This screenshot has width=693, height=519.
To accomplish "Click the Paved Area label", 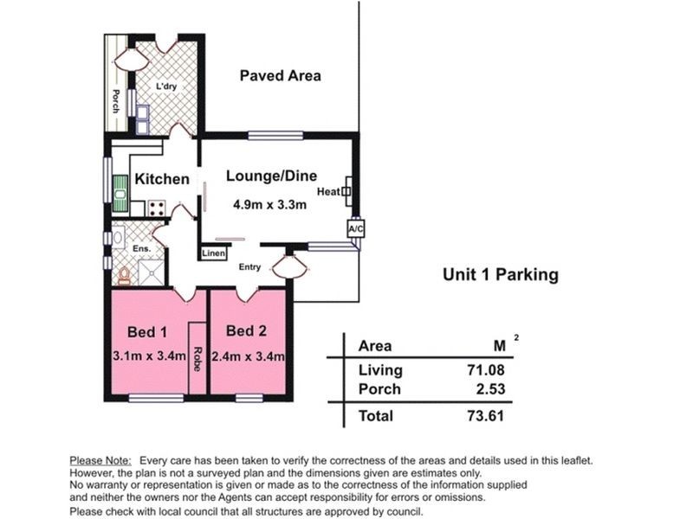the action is click(280, 76).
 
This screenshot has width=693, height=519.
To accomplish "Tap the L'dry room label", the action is click(166, 86).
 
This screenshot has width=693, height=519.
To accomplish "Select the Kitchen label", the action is click(162, 179).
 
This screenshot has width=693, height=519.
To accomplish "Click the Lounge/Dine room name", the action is click(271, 176).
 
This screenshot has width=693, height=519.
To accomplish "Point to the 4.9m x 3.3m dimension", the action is click(270, 204).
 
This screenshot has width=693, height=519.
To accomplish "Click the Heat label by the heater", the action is click(328, 191).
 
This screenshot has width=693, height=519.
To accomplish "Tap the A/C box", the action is click(356, 228).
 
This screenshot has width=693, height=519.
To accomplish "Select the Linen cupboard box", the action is click(213, 253).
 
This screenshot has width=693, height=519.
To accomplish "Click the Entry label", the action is click(249, 267).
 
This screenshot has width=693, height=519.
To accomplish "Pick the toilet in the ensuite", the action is click(124, 276).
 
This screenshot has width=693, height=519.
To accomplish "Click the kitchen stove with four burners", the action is click(157, 208).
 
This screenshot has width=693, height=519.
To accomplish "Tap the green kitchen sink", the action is click(120, 193).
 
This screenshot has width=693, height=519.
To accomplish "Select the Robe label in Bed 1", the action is click(198, 359).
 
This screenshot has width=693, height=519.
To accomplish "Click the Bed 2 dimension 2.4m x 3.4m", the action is click(248, 356).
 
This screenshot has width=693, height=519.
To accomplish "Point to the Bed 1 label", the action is click(147, 332).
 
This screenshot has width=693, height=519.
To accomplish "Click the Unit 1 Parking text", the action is click(501, 274).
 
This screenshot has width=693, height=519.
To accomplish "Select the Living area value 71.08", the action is click(486, 370).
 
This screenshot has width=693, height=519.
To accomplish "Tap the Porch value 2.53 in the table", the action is click(490, 389).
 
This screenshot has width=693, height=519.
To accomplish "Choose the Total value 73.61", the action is click(486, 416).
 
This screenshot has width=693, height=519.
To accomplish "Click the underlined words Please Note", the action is click(100, 461).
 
